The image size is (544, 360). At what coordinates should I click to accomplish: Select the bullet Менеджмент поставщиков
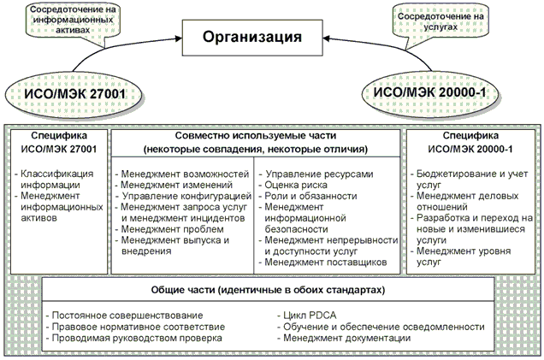pos(328,263)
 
